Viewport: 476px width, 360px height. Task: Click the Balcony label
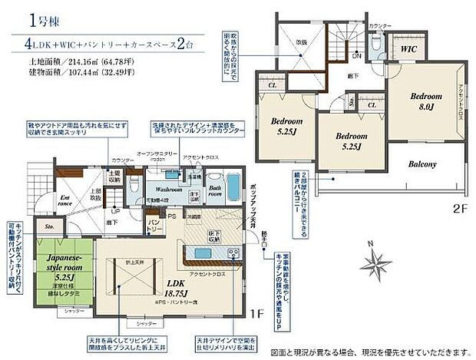[422, 163]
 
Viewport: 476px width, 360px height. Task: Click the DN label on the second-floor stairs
[356, 55]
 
